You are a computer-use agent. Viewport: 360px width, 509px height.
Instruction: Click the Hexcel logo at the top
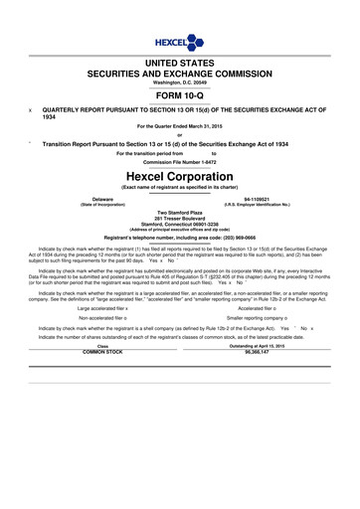tap(179, 43)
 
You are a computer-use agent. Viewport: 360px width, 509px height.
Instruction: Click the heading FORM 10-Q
tap(180, 96)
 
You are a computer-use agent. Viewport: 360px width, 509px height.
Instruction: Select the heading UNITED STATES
tap(180, 63)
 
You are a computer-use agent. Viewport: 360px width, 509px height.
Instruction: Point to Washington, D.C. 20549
tap(180, 82)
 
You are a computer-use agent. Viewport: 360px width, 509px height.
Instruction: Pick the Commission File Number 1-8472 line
tap(180, 160)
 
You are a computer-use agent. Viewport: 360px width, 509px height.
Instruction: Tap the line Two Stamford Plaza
tap(180, 212)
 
